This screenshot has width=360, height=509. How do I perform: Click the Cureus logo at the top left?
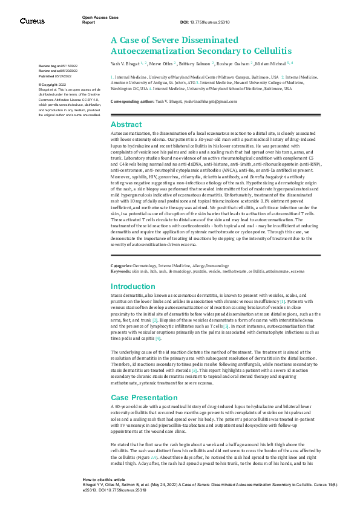coord(32,21)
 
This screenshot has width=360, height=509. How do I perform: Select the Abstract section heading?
coord(126,124)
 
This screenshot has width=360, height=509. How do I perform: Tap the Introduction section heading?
coord(133,287)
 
